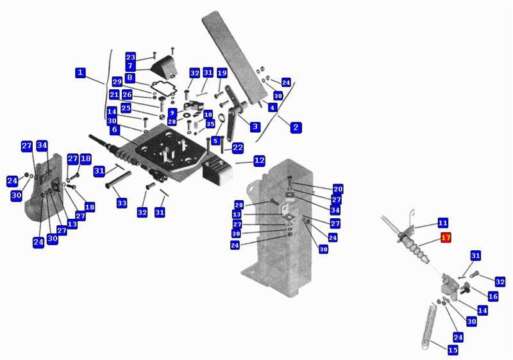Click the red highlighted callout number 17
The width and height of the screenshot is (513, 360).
(x=446, y=237)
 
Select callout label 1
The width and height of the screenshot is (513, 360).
(x=80, y=73)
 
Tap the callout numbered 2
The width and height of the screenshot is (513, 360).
(x=296, y=127)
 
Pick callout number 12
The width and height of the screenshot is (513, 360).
(x=259, y=160)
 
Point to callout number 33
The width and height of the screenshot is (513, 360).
(x=122, y=203)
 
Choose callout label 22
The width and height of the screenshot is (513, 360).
(x=237, y=148)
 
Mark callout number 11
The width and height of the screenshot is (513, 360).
(x=442, y=223)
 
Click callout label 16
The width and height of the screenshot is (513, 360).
(x=492, y=296)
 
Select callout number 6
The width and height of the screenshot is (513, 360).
(x=114, y=130)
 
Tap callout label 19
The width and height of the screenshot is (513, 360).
(x=222, y=73)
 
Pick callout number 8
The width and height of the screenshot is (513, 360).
(x=130, y=78)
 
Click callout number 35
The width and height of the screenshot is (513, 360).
(x=210, y=124)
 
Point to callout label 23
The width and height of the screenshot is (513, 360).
(x=130, y=56)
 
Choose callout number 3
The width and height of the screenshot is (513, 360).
(x=255, y=126)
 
